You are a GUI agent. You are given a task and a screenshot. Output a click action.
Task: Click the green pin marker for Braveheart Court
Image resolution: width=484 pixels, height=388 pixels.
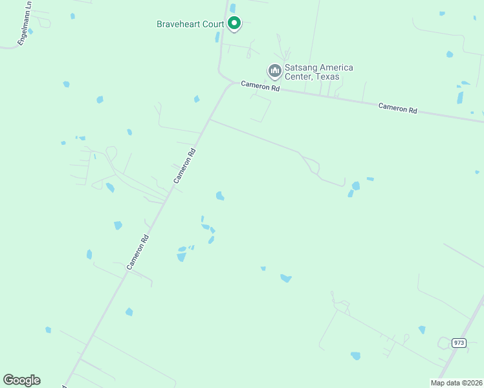[x=234, y=24]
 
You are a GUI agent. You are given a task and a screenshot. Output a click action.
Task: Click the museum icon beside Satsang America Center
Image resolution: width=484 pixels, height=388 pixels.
[x=274, y=70]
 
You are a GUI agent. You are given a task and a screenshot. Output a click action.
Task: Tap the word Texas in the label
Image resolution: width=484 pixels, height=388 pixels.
[x=327, y=77]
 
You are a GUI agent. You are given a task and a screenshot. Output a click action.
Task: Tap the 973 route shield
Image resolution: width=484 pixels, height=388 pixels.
[x=459, y=343]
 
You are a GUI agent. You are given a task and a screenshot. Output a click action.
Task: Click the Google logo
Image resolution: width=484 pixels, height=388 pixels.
[x=21, y=380]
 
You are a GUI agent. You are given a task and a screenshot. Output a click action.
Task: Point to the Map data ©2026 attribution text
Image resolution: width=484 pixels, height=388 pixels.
[x=457, y=383]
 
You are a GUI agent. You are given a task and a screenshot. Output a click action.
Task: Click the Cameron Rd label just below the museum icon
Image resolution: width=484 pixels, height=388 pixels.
[x=260, y=85]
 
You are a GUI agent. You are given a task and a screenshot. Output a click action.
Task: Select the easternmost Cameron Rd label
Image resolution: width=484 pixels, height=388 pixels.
[x=397, y=109]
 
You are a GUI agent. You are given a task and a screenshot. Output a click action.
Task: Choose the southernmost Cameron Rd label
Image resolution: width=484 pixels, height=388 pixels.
[x=142, y=252]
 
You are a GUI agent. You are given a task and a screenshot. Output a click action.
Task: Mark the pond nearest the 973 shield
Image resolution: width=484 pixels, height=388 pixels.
[x=422, y=330]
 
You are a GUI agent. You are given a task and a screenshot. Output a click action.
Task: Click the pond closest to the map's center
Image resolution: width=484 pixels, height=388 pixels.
[x=220, y=196]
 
